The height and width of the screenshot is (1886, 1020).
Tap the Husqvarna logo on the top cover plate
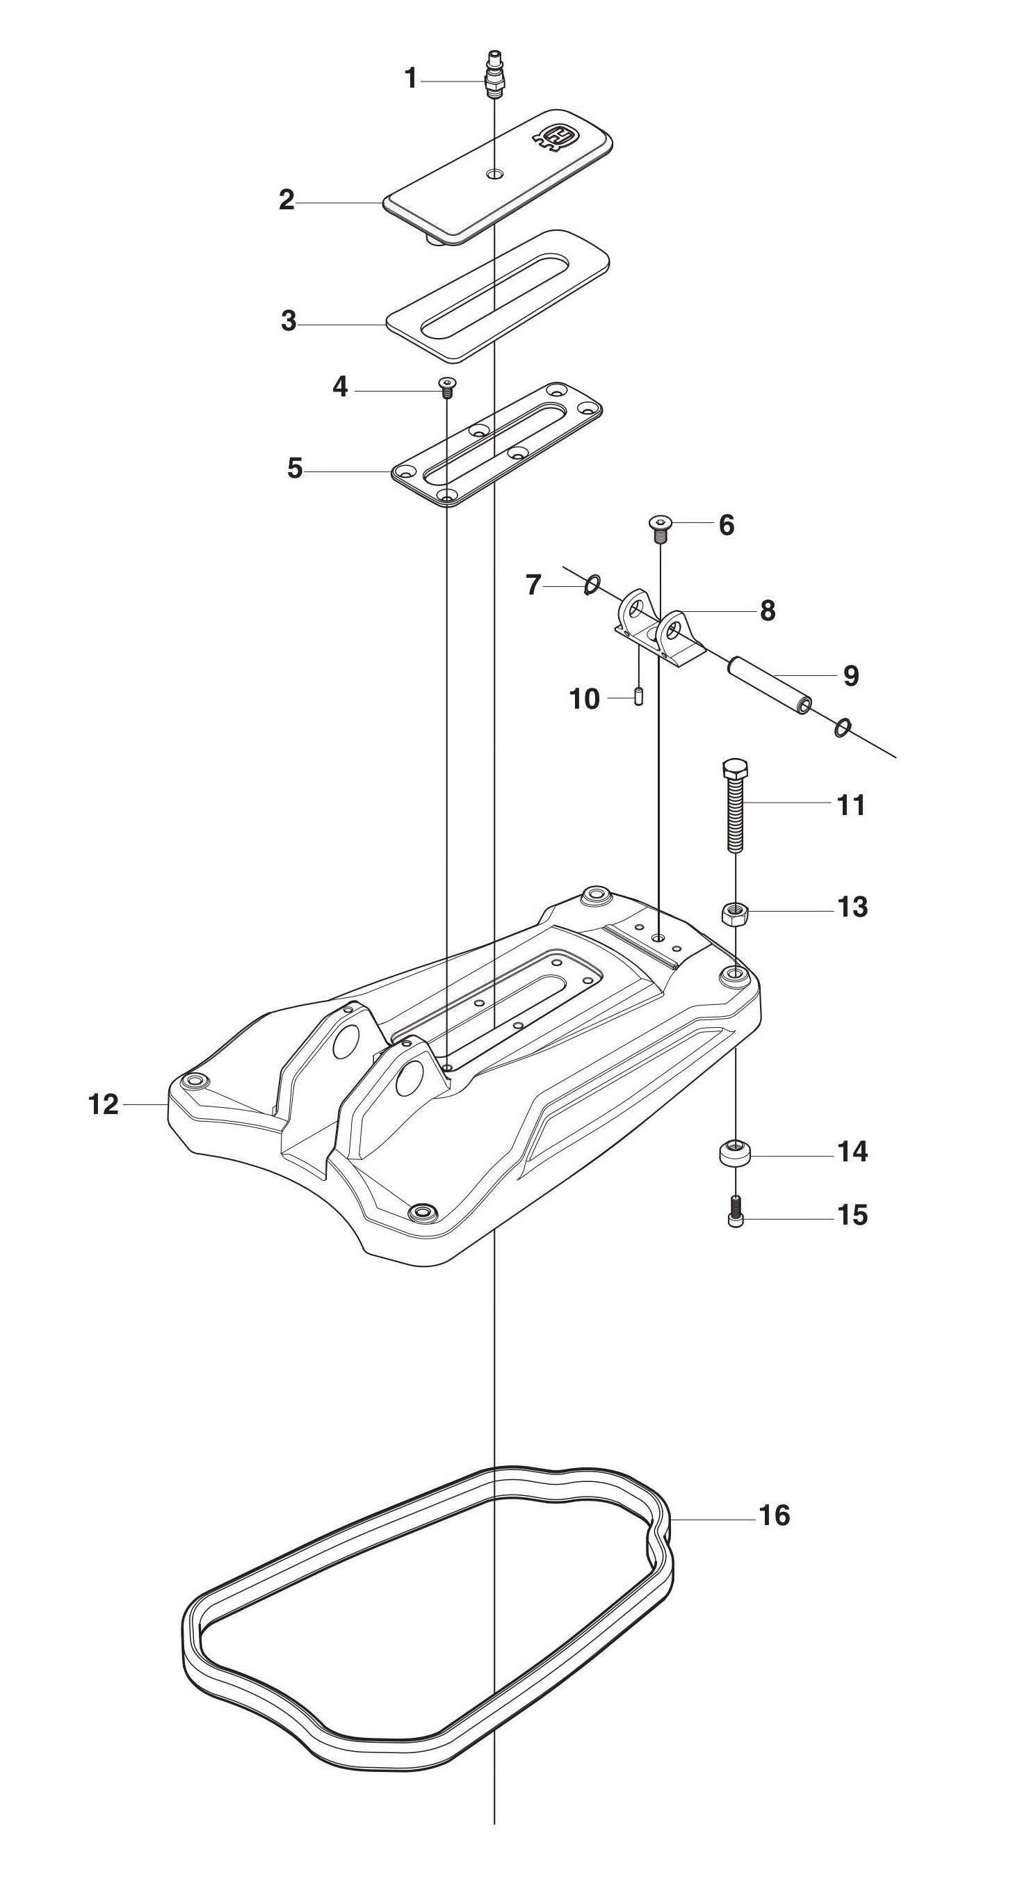point(556,137)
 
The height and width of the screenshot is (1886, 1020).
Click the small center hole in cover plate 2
point(496,175)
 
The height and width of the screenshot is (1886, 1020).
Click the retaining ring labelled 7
point(593,584)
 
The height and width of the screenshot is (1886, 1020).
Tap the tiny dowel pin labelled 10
point(638,695)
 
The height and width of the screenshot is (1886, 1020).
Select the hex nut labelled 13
point(735,913)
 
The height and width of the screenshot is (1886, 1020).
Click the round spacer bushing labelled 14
point(734,1153)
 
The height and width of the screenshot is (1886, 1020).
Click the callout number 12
point(103,1105)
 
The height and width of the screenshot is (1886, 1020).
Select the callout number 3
point(289,321)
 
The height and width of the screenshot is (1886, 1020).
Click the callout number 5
point(294,468)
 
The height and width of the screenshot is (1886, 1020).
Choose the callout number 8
point(768,610)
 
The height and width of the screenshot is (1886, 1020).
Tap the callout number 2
point(287,199)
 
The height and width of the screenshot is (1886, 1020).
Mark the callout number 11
point(851,805)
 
